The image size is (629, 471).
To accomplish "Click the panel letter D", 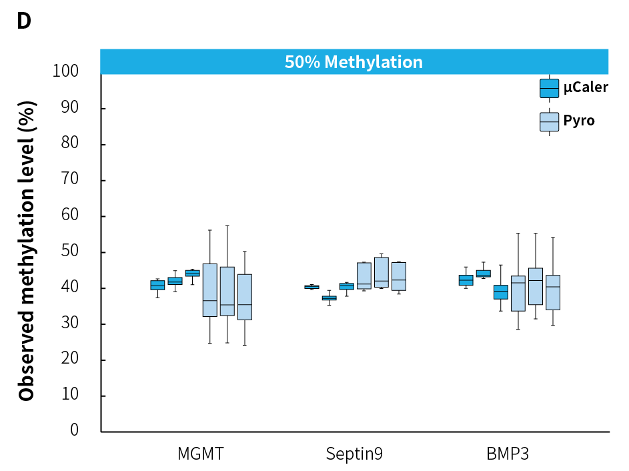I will tap(23, 21).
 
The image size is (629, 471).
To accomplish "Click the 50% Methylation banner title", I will tap(354, 62).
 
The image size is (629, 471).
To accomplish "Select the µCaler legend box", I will tap(549, 88).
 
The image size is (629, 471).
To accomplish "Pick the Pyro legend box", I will tap(549, 121).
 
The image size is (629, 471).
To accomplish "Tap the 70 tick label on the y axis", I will tap(70, 180).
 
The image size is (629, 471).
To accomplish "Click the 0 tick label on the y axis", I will tap(74, 430).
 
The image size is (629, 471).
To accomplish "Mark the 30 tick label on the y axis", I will tap(70, 324).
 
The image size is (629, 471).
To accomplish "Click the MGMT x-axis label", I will tap(200, 454).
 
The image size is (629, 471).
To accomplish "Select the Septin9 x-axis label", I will tap(354, 454).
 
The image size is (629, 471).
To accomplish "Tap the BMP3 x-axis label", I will tap(508, 454).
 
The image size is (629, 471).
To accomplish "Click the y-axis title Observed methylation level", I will tap(27, 251).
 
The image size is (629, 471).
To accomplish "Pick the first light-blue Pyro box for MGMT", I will tap(210, 290).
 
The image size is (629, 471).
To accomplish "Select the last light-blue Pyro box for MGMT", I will tap(245, 297).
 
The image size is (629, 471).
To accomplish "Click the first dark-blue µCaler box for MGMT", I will tap(157, 285).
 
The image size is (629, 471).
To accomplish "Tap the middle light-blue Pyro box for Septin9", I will tap(382, 272).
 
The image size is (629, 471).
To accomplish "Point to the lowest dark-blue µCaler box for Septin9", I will tap(330, 298).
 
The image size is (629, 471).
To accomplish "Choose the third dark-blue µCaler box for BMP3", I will tap(501, 292).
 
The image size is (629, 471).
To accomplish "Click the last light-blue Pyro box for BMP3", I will tap(553, 292).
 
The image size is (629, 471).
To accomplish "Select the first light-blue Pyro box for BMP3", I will tap(518, 294).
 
